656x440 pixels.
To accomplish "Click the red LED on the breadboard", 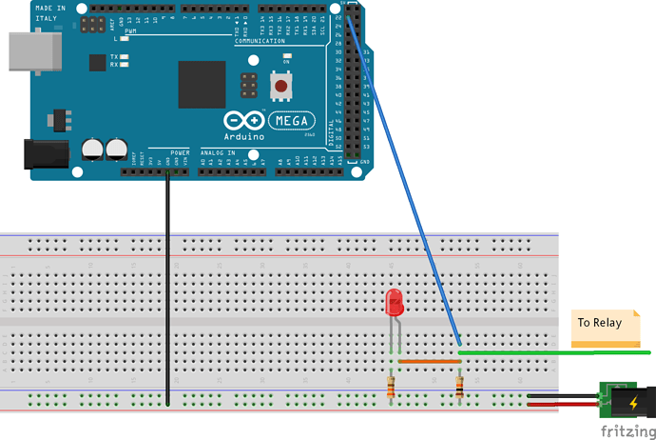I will (x=394, y=304).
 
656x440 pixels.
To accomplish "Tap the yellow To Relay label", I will (x=599, y=322).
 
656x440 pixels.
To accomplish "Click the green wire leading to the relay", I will (x=551, y=352).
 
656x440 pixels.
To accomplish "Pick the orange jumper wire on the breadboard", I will (x=427, y=362).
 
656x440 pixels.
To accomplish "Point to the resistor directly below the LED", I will (x=393, y=387).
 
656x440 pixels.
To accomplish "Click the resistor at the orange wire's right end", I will (x=460, y=387).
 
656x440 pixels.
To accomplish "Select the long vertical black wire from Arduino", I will (x=167, y=286).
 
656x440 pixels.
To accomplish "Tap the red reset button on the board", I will (x=280, y=88).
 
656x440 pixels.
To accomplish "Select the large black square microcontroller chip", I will (x=202, y=84).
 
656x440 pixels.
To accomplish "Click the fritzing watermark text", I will (x=627, y=431).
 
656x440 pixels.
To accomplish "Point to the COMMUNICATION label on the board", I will (x=260, y=41).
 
